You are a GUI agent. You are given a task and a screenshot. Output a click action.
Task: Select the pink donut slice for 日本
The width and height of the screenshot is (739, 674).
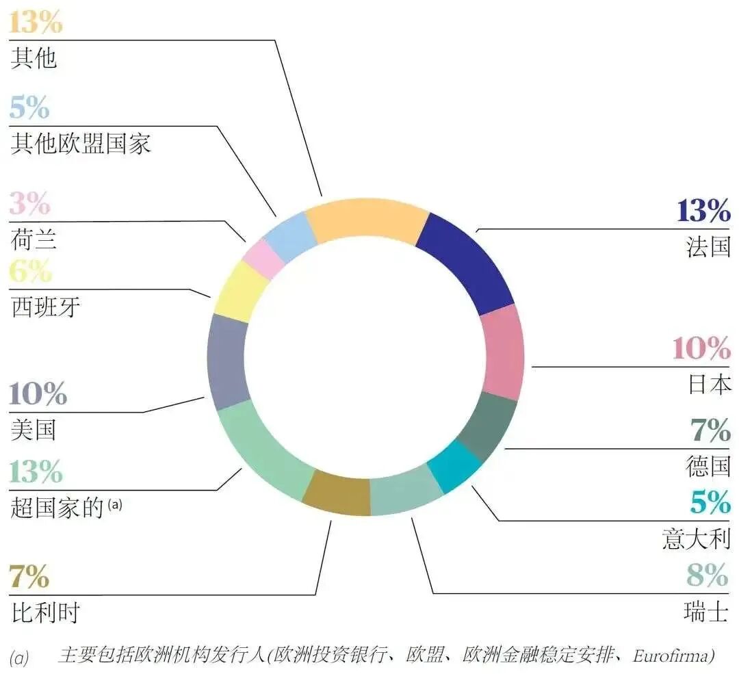(503, 351)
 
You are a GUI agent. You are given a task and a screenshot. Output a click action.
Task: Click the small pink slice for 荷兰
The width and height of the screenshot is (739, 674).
(263, 258)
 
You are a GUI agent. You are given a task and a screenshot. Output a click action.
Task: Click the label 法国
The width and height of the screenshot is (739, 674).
(708, 246)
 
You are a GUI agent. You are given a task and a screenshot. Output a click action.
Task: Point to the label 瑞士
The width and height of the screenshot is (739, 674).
(706, 611)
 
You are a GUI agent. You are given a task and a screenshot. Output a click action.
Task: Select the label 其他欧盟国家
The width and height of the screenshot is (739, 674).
(81, 144)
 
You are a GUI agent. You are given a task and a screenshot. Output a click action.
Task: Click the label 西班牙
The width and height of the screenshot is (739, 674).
(46, 307)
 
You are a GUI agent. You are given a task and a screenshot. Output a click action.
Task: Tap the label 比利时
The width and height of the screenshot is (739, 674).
(46, 612)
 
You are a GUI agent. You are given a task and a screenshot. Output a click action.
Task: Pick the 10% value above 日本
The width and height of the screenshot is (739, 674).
(701, 349)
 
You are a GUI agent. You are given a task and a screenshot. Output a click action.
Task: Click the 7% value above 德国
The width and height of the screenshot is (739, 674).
(710, 431)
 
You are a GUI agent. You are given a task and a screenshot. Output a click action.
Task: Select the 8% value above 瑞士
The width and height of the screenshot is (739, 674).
(708, 575)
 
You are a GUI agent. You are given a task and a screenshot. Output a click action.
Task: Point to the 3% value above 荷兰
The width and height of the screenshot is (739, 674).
(30, 204)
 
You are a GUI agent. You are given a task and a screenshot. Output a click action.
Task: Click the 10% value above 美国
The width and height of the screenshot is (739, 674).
(38, 395)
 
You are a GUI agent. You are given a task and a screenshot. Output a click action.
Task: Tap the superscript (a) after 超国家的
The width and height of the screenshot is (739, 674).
(115, 505)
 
